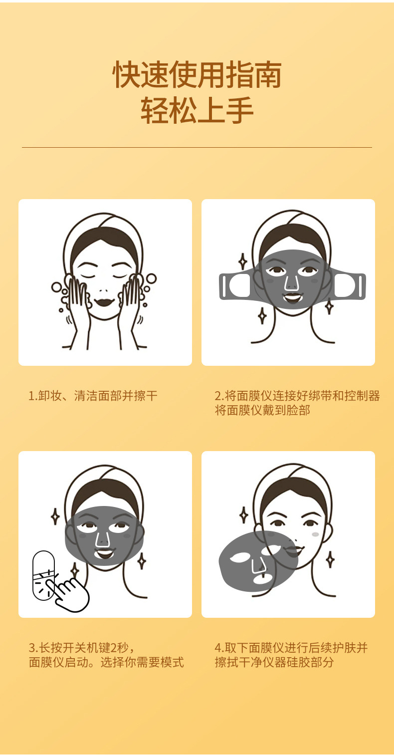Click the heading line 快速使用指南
click(197, 74)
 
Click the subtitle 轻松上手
click(197, 110)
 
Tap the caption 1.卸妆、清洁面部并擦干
click(93, 396)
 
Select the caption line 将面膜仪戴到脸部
click(262, 410)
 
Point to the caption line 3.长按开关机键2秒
click(81, 648)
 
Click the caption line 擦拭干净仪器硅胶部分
click(274, 662)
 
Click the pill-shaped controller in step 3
click(43, 575)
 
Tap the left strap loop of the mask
click(236, 286)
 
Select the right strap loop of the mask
click(348, 286)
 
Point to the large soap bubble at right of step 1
click(151, 279)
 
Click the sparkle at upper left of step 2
click(242, 261)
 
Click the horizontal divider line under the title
click(197, 148)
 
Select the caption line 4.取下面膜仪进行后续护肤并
click(291, 648)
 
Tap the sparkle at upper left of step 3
click(55, 516)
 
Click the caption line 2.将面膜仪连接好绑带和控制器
click(297, 396)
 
